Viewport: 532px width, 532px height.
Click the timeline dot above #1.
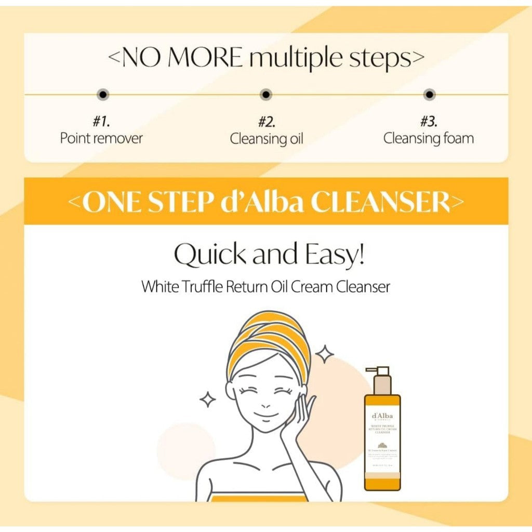(103, 95)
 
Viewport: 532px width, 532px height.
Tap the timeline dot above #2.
(266, 95)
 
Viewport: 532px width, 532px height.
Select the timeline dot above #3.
(429, 95)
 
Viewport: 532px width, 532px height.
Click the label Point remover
(101, 139)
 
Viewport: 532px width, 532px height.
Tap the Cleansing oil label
(267, 139)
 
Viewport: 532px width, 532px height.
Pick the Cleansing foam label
(429, 139)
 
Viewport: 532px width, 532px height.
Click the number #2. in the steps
(267, 122)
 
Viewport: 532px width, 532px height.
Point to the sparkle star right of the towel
(325, 355)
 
